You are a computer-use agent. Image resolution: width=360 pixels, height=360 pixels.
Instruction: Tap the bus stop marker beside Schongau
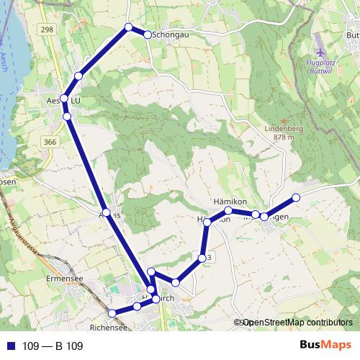click(148, 35)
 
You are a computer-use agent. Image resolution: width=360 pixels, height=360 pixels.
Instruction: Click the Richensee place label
click(111, 328)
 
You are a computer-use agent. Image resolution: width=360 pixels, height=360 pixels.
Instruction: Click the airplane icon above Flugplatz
click(320, 53)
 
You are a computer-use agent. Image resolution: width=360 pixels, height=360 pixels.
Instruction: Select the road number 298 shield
click(48, 29)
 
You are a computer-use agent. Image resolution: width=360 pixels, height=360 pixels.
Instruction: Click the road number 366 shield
click(49, 143)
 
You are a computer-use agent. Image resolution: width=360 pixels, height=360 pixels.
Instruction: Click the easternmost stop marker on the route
click(295, 197)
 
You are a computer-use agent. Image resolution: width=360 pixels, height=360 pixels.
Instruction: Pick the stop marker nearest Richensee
click(112, 313)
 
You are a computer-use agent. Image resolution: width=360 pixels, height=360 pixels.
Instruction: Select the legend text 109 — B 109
click(53, 346)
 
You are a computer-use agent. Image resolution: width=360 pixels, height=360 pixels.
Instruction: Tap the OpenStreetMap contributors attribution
click(297, 323)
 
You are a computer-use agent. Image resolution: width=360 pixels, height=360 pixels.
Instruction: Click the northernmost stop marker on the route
click(129, 27)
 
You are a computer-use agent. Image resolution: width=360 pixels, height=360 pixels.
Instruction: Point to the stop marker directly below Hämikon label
click(228, 210)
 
